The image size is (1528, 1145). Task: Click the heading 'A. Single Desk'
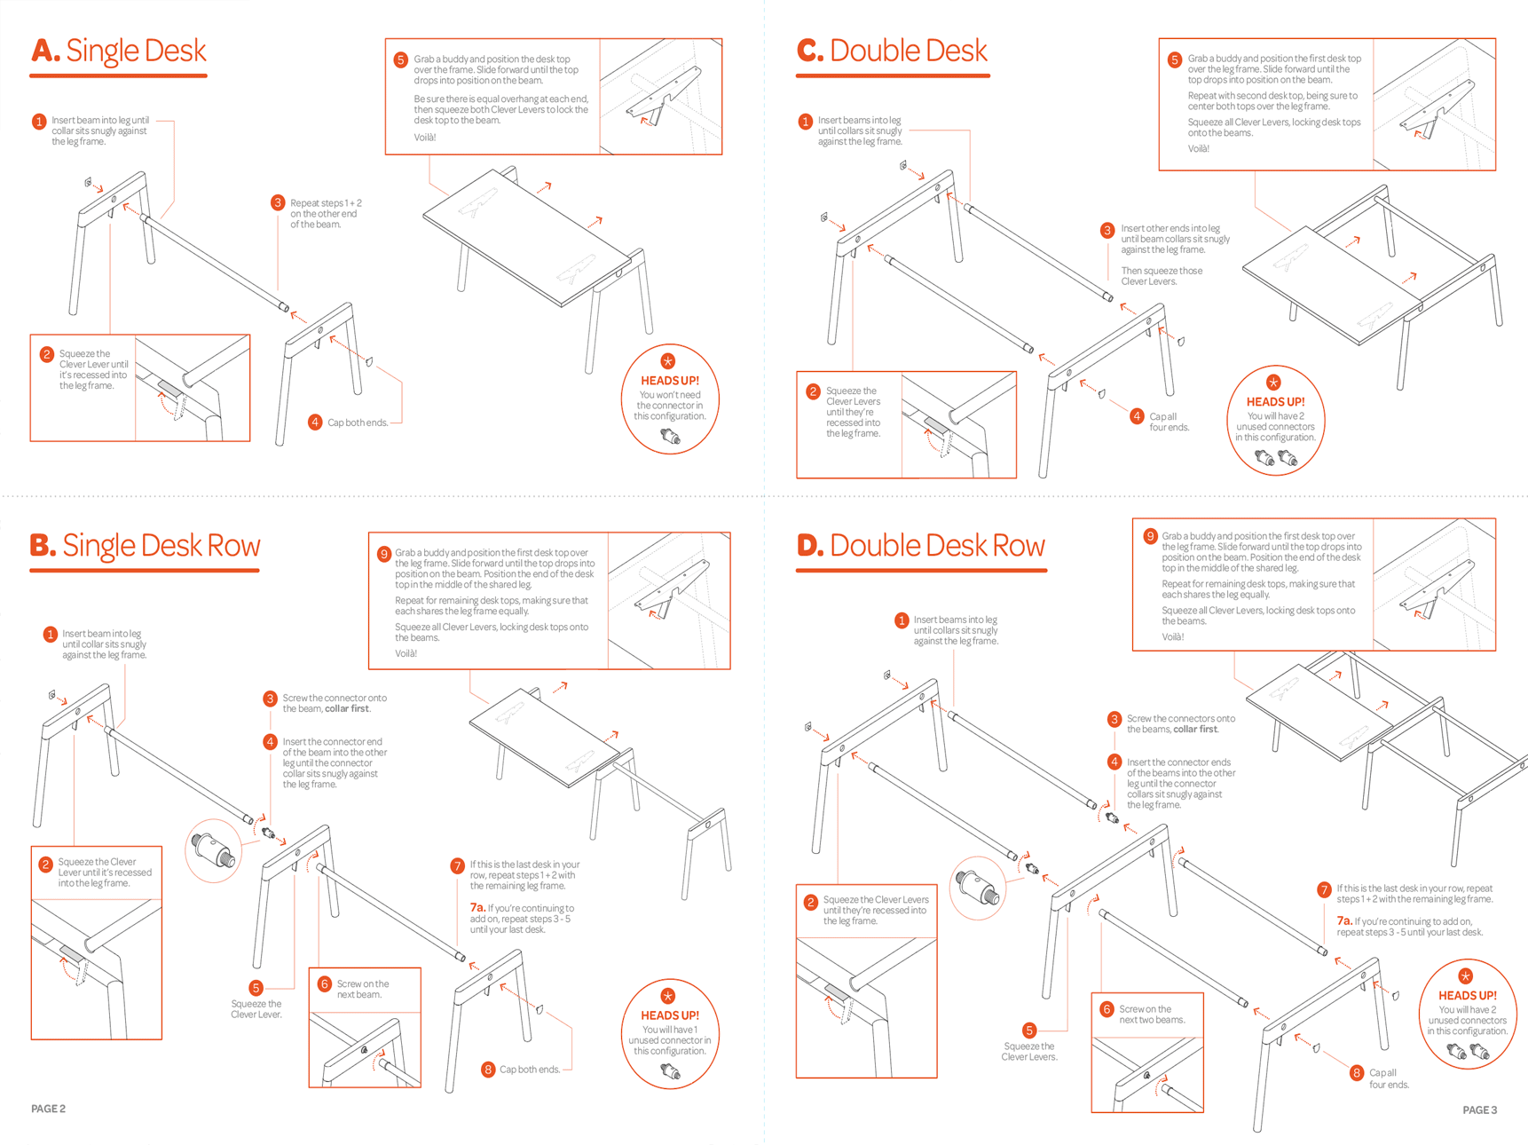[x=118, y=51]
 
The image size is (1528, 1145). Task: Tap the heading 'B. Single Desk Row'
[x=145, y=545]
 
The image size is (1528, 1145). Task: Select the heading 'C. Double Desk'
[x=892, y=51]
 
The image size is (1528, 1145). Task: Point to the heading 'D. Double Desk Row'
[x=920, y=545]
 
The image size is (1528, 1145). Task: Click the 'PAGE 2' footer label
[x=49, y=1109]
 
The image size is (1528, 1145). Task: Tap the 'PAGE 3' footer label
[x=1479, y=1109]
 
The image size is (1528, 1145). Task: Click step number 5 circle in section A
[x=400, y=60]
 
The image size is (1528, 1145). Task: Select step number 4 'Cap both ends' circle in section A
[x=315, y=422]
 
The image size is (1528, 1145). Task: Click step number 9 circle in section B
[x=384, y=554]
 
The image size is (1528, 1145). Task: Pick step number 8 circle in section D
[x=1357, y=1073]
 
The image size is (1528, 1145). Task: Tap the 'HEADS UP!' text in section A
[x=670, y=381]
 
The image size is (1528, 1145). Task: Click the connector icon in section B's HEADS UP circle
[x=671, y=1071]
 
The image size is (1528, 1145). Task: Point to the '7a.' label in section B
[x=477, y=908]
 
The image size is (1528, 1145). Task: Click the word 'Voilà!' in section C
[x=1199, y=149]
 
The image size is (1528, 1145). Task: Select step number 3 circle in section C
[x=1107, y=231]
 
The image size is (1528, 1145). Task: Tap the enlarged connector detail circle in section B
[x=214, y=850]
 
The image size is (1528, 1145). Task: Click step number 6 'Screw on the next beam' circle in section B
[x=325, y=983]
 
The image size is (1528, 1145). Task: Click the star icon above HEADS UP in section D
[x=1466, y=975]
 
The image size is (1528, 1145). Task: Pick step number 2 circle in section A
[x=47, y=355]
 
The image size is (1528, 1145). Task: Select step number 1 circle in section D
[x=902, y=620]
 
